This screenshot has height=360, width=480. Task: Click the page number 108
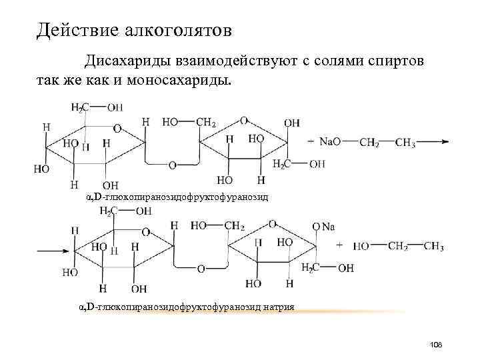(437, 344)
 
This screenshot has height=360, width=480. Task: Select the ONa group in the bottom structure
(323, 227)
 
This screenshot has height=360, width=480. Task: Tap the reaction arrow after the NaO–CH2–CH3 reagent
(437, 142)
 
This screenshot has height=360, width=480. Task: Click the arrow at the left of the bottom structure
(52, 252)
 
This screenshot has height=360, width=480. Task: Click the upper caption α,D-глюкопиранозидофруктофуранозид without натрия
(178, 198)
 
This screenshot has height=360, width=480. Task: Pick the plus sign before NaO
(311, 142)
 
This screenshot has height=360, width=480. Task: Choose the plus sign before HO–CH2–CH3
(340, 245)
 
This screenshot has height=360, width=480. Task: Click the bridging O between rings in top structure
(172, 165)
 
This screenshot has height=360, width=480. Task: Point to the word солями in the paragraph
(329, 61)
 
